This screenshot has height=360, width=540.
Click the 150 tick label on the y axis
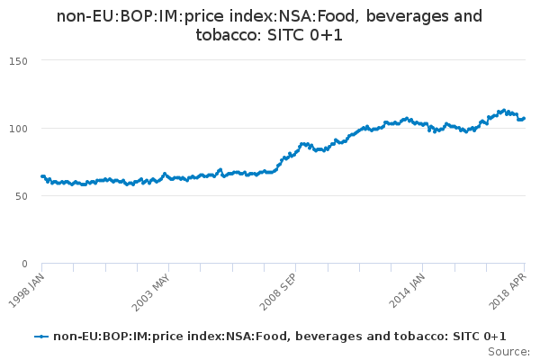coord(18,61)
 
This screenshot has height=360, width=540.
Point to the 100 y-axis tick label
coord(18,129)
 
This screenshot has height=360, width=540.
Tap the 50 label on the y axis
coord(21,196)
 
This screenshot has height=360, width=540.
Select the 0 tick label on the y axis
coord(24,264)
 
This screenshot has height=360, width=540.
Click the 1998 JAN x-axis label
coord(27,291)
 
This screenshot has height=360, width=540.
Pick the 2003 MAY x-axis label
coord(151,292)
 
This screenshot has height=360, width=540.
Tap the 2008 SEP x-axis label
coord(278,292)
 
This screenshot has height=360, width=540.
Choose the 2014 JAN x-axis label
coord(408,291)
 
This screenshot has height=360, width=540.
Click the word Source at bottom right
coord(508,352)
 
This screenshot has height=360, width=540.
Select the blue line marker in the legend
coord(41,337)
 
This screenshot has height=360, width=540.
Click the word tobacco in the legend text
coord(421,336)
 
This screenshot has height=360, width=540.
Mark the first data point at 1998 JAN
coord(42,176)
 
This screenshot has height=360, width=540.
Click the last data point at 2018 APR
coord(524,119)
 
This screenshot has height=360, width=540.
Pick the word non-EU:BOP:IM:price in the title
coord(121,17)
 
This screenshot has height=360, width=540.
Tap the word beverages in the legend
coord(329,337)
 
